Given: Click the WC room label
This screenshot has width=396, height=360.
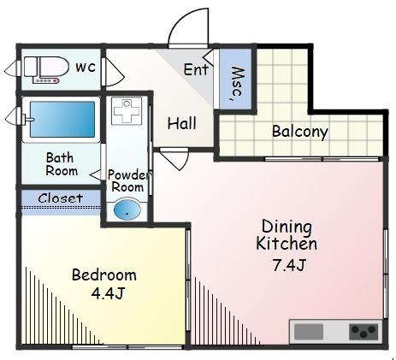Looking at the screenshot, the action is [86, 68].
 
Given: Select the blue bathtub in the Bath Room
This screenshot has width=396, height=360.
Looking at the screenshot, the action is [62, 119].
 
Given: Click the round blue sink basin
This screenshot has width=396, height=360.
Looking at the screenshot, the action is [127, 210].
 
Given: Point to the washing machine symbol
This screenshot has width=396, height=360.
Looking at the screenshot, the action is [127, 111].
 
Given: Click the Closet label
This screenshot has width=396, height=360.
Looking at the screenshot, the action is [61, 198].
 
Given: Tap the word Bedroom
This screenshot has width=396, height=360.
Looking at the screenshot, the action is [104, 275].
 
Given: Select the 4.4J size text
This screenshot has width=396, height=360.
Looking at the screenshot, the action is [108, 293].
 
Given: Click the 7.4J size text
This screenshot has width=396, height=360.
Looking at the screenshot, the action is [289, 265].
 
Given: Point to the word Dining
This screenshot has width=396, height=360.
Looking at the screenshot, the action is [287, 227].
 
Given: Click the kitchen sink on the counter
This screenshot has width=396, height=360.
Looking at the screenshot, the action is [309, 332].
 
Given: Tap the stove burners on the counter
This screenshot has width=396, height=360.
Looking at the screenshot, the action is [363, 332].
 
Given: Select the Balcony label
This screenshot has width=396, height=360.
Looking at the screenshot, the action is [300, 132].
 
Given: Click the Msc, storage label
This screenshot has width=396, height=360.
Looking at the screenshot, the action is [237, 84].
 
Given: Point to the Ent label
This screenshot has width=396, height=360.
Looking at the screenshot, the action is [196, 70].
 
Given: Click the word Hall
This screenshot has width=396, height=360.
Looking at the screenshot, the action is [182, 123].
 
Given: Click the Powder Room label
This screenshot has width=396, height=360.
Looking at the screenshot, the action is [128, 181].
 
